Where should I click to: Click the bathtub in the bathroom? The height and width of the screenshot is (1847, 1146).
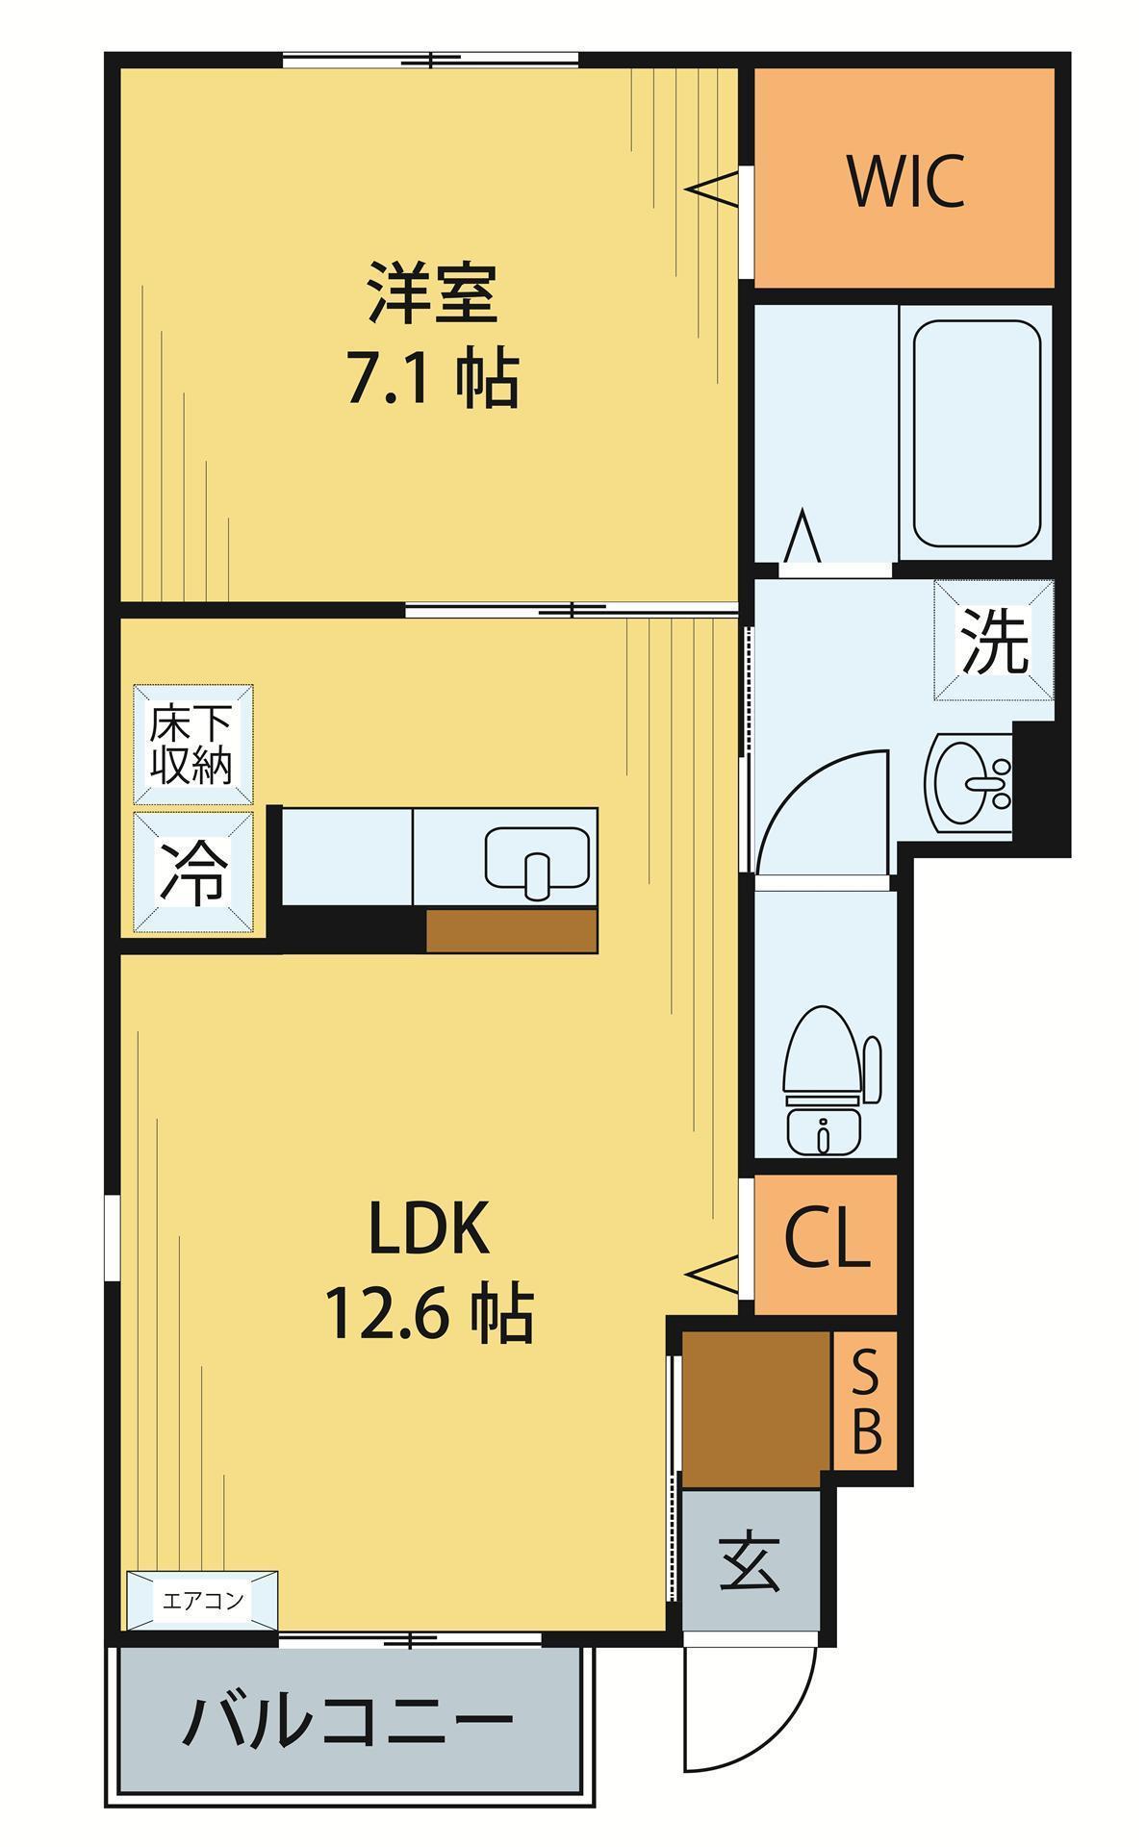(976, 433)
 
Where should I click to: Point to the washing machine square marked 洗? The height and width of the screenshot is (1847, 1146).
(993, 641)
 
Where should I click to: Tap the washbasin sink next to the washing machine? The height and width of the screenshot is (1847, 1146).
(968, 780)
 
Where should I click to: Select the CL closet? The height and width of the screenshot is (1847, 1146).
(826, 1243)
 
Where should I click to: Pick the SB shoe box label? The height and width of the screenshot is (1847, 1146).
(865, 1400)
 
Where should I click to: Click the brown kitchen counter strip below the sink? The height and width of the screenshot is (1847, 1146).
(512, 931)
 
